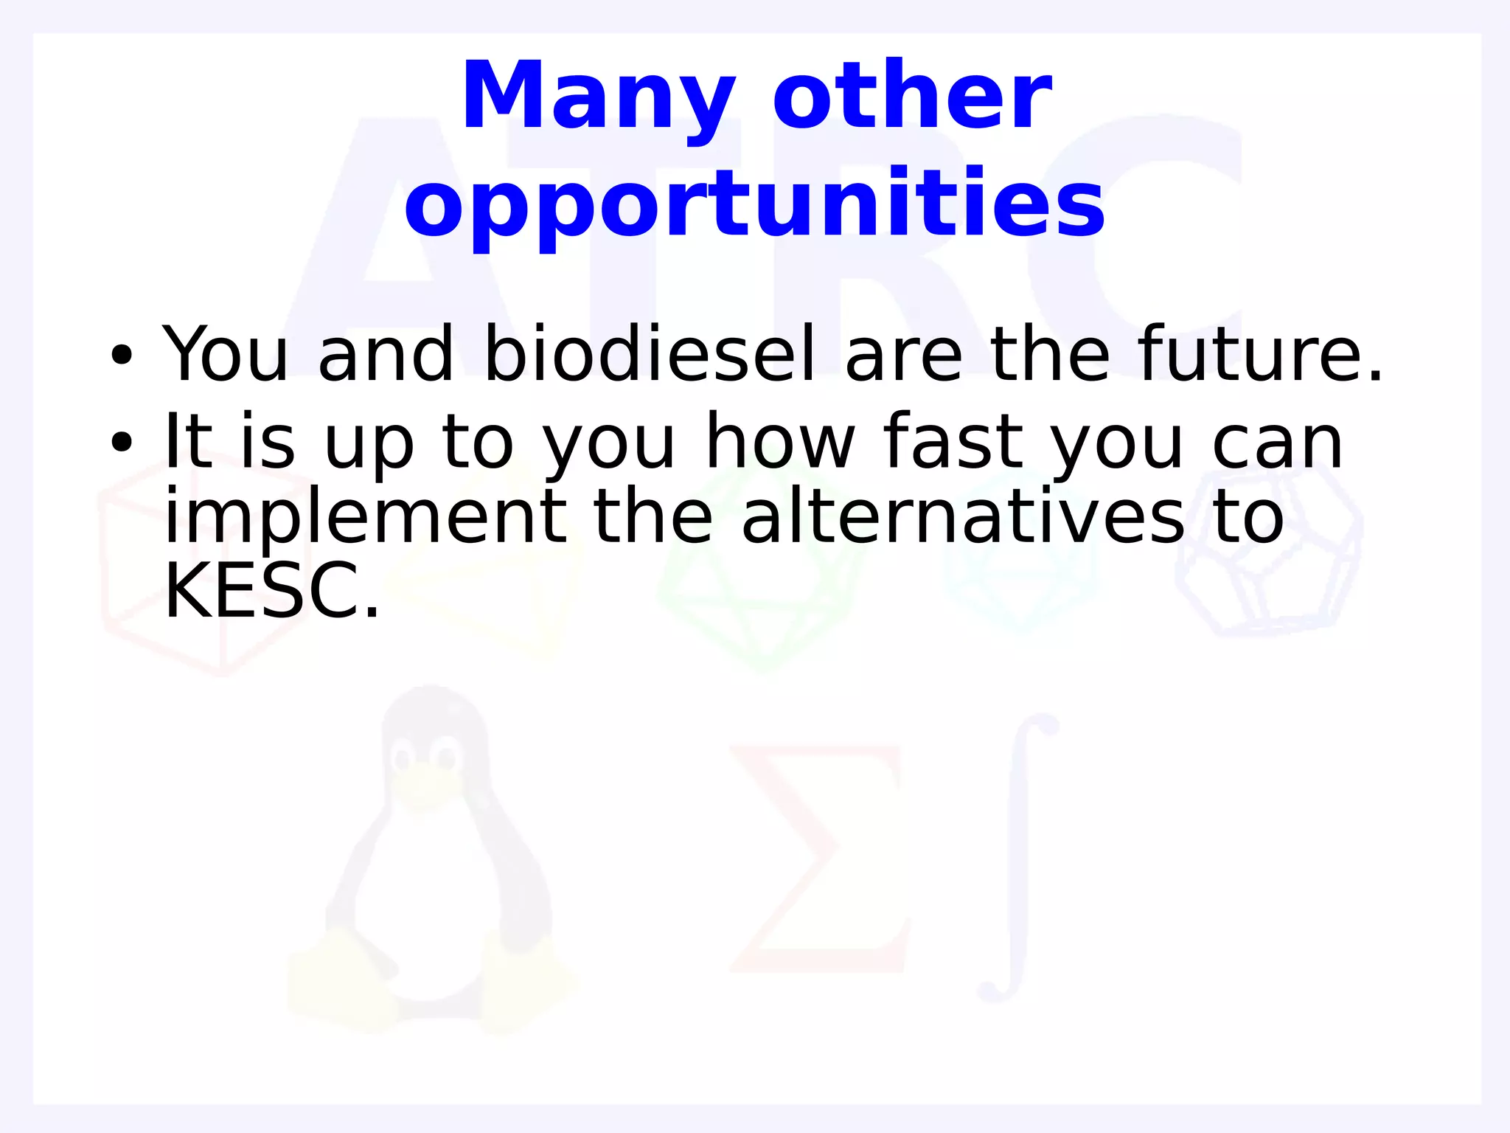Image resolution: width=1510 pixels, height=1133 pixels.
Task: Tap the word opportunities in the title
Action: click(754, 204)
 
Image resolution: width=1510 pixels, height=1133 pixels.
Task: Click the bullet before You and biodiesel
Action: click(121, 356)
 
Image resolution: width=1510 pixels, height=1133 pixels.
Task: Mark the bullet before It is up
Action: click(121, 443)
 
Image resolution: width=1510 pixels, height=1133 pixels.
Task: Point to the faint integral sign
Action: click(1017, 859)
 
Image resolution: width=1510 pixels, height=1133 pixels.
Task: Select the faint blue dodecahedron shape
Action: click(1268, 553)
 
